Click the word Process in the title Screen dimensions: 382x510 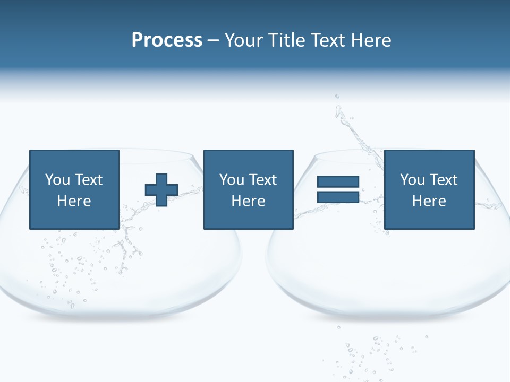(167, 40)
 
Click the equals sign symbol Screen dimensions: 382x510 (338, 189)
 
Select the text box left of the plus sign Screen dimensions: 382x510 (74, 189)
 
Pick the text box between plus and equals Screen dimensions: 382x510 (248, 189)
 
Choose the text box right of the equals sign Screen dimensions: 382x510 (429, 189)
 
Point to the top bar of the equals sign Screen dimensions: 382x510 (338, 182)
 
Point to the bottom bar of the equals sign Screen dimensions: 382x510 (338, 197)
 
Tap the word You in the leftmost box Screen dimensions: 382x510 (57, 179)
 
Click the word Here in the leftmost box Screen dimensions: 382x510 (74, 201)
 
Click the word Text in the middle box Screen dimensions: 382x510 (263, 179)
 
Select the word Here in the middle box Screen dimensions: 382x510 (248, 201)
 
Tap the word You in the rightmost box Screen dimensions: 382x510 (412, 179)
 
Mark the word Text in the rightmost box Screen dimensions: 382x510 (444, 179)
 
